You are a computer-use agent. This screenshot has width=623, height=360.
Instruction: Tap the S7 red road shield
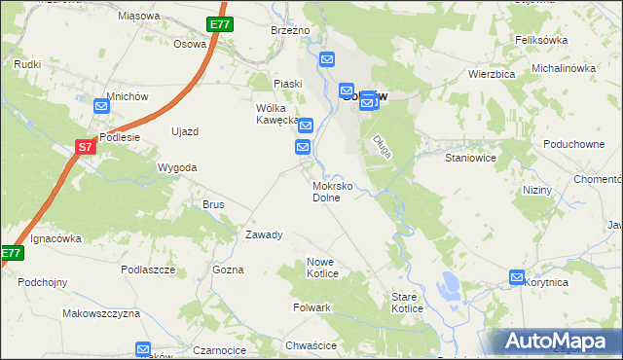click(86, 147)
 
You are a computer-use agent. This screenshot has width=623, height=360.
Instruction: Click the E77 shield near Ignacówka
click(11, 253)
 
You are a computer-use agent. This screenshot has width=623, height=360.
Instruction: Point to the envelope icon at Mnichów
click(102, 108)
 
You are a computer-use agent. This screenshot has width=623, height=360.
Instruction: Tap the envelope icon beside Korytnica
click(517, 277)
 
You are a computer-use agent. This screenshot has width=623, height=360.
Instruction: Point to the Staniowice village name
click(471, 157)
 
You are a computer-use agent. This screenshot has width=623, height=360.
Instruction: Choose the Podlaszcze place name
click(148, 269)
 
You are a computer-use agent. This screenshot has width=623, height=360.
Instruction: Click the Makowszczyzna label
click(101, 313)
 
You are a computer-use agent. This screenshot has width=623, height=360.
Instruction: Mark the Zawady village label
click(264, 234)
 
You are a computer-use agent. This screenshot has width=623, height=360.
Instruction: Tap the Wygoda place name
click(177, 167)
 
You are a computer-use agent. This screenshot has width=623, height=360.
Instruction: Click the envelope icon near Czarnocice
click(143, 348)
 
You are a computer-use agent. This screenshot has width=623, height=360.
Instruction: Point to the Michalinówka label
click(563, 68)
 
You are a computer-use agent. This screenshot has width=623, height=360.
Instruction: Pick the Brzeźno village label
click(290, 30)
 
